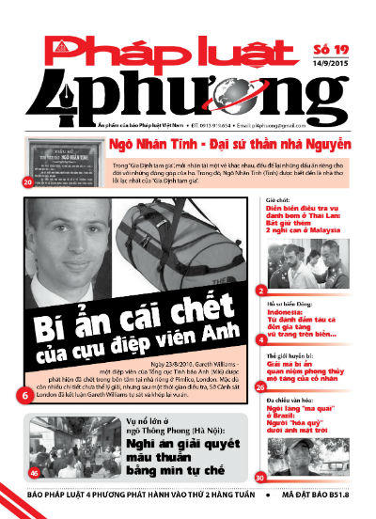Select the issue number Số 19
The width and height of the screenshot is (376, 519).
(334, 50)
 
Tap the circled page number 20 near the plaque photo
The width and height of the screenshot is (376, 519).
(26, 181)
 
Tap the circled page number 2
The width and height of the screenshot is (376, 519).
(259, 291)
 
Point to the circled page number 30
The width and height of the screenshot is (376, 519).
(259, 478)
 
